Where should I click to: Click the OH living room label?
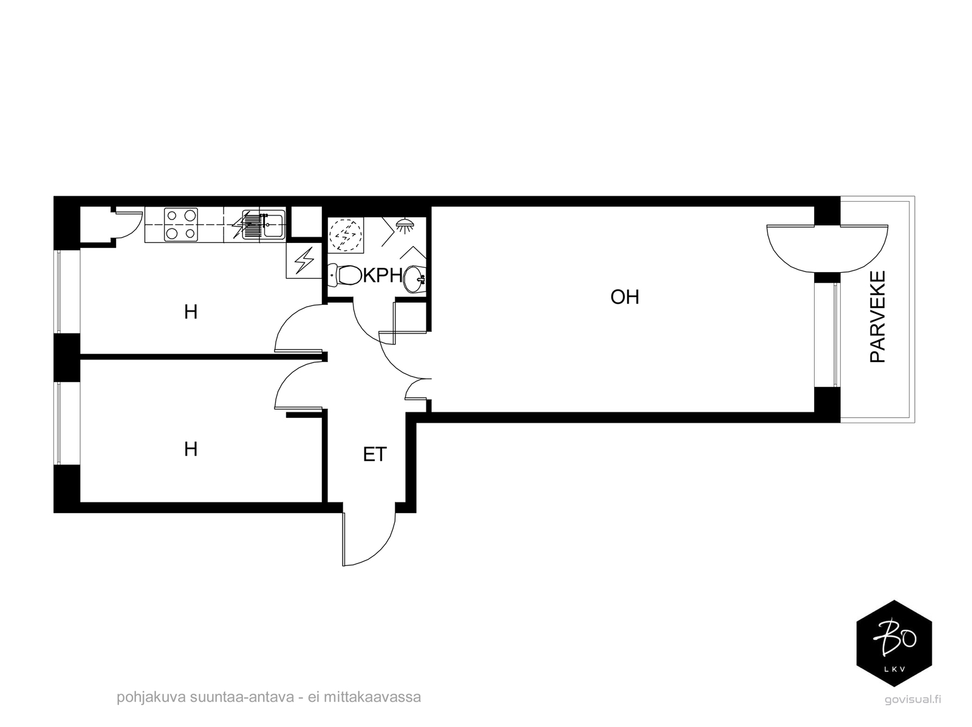point(625,297)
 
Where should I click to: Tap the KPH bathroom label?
point(383,275)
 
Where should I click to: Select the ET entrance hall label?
point(375,454)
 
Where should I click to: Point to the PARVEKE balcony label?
point(877,317)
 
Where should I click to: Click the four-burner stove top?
point(180,225)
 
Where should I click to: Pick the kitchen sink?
point(264,225)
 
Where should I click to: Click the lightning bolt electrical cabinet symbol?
point(304,261)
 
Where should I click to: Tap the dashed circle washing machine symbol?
point(346,235)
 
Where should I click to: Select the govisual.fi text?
point(912,700)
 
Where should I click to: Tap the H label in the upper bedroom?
point(190,313)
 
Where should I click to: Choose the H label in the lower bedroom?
point(190,449)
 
